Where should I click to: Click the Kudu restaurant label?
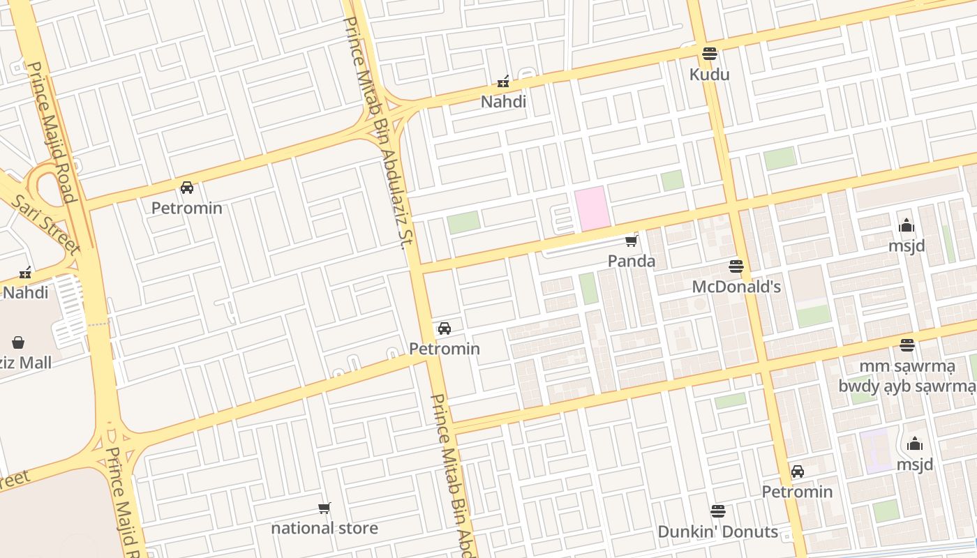709,75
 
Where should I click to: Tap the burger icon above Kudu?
710,54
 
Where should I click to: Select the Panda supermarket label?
631,261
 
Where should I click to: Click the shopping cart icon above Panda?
632,241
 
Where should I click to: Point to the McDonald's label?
736,287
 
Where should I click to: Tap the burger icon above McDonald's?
736,266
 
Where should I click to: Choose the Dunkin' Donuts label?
717,531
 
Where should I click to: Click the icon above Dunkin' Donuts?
717,511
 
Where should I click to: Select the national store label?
325,528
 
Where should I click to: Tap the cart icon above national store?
325,508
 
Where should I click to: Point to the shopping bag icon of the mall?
18,342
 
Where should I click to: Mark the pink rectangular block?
592,208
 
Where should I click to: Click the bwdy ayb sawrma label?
907,386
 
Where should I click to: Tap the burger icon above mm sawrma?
907,345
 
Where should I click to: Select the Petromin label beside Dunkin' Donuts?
797,492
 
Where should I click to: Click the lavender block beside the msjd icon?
875,450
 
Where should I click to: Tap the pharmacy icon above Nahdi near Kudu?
503,82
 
